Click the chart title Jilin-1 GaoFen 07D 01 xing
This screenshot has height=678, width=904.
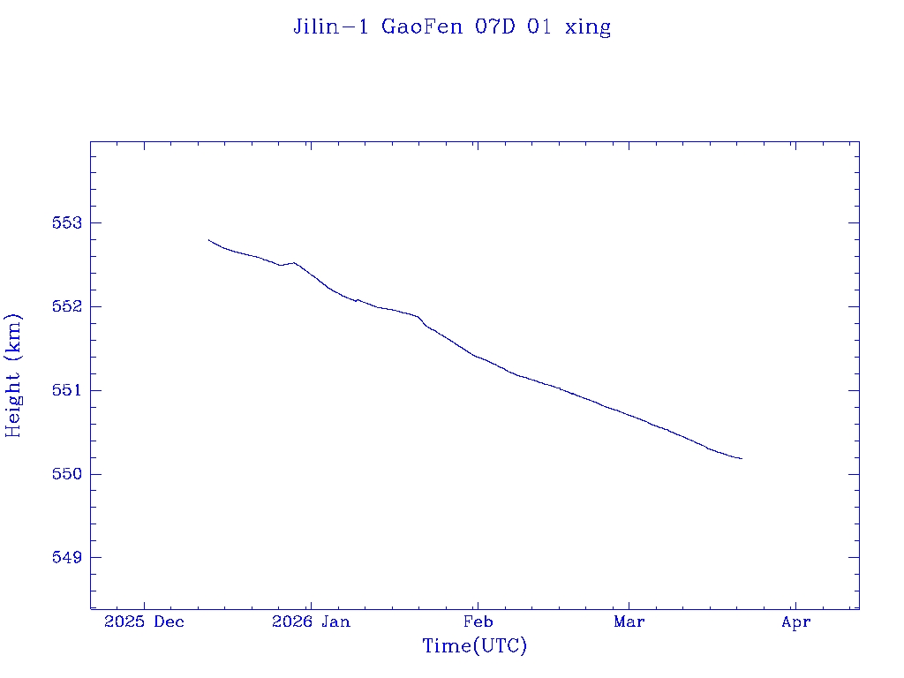coord(452,26)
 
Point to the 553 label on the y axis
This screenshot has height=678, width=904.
coord(68,222)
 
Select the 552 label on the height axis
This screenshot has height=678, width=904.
coord(68,306)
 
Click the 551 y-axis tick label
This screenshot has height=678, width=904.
coord(68,390)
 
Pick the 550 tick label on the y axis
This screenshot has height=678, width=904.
coord(68,474)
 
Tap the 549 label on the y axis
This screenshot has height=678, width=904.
coord(68,558)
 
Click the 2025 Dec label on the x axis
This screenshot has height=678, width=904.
coord(144,621)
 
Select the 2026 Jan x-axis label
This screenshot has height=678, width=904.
coord(311,621)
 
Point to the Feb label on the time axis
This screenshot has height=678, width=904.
coord(478,621)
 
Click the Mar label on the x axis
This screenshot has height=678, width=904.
coord(629,621)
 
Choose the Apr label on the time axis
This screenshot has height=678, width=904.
coord(795,621)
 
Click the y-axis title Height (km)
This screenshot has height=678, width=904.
coord(13,375)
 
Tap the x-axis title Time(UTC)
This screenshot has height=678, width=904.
coord(475,646)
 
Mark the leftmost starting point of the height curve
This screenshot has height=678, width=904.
coord(208,239)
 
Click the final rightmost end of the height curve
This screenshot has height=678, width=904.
coord(742,458)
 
